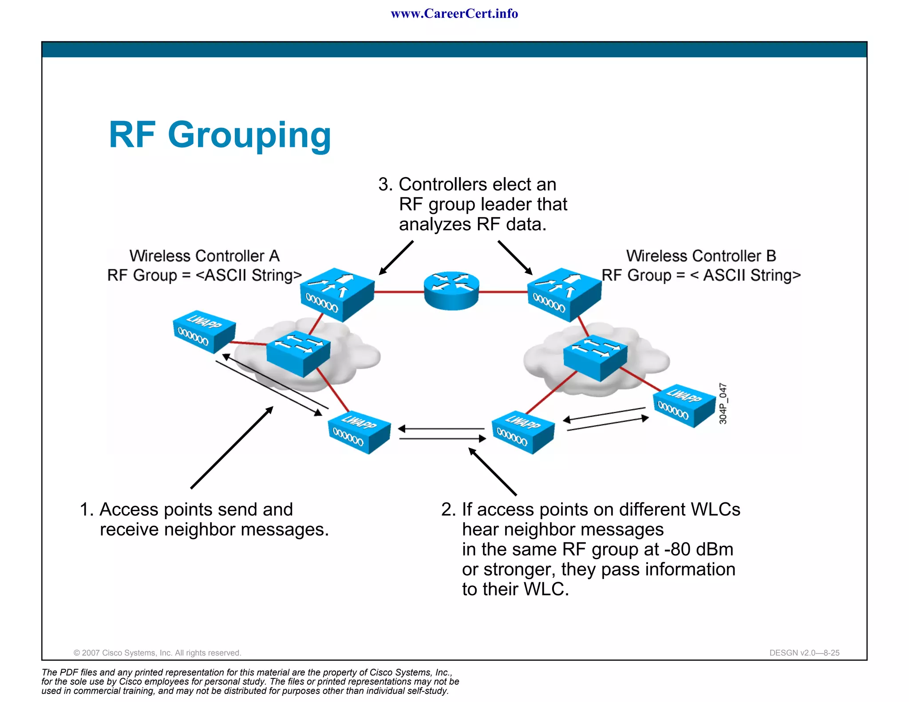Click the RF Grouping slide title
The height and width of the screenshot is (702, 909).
click(x=220, y=135)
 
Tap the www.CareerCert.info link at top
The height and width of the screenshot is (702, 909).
click(x=454, y=14)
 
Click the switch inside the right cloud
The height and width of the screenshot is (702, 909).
click(x=595, y=358)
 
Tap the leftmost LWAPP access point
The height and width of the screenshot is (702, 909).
click(x=204, y=331)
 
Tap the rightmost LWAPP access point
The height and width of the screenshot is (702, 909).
click(x=684, y=405)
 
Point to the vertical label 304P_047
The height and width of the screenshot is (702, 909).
click(x=723, y=403)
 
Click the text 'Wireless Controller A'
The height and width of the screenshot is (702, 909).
click(x=204, y=256)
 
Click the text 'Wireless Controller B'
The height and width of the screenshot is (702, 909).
click(x=701, y=256)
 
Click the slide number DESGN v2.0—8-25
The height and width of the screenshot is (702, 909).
click(x=804, y=653)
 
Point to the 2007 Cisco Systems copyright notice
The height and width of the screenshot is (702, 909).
click(x=157, y=653)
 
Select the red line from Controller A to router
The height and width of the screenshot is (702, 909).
click(x=399, y=292)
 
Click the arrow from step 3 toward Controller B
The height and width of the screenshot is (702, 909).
click(x=514, y=257)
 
